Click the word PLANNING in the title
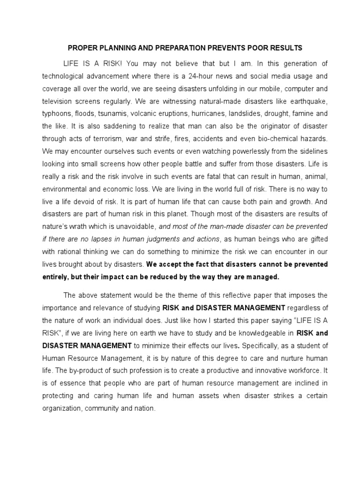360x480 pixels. point(121,48)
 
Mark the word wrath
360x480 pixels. point(76,226)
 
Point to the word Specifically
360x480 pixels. point(264,346)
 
